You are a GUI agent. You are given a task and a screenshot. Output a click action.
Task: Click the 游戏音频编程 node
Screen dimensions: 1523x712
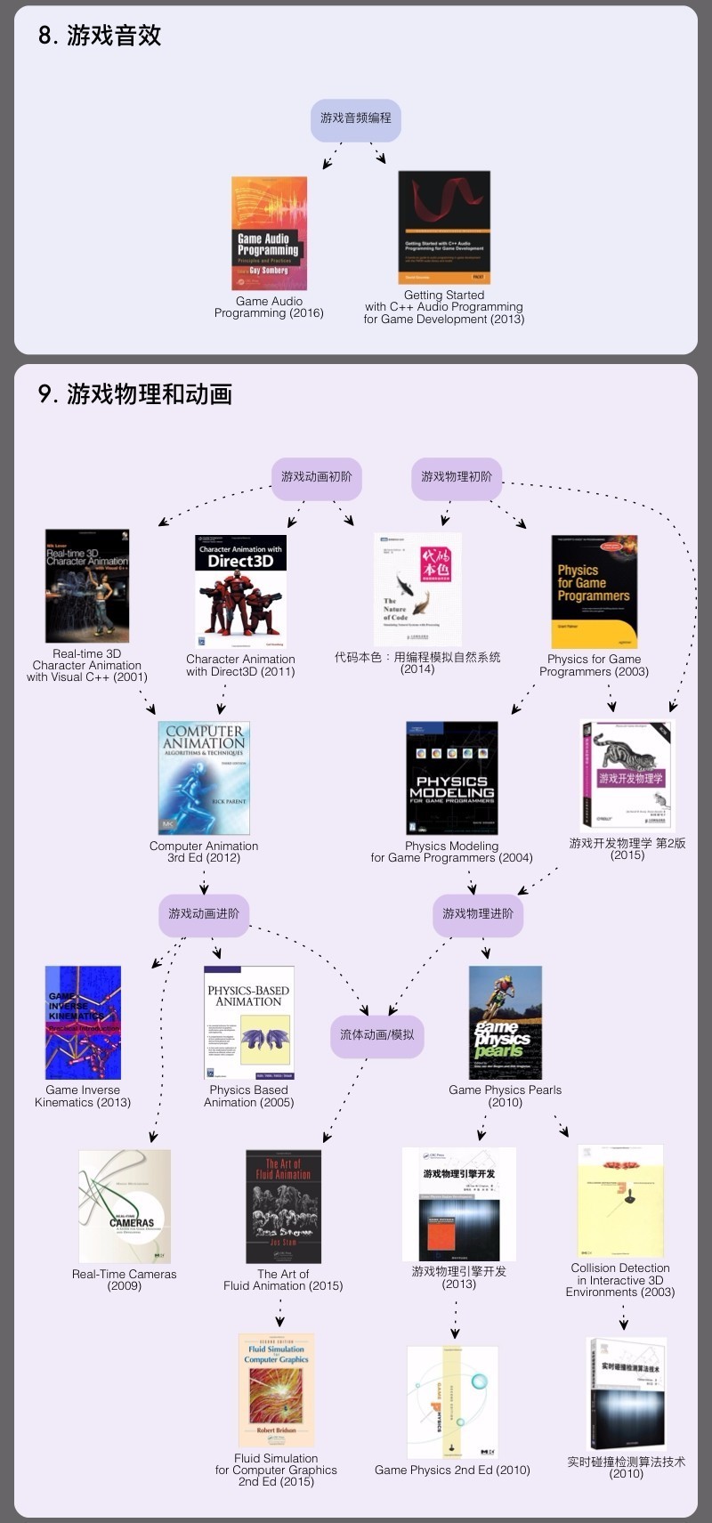point(356,119)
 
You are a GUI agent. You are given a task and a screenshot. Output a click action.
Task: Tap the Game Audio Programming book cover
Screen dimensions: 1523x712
point(269,232)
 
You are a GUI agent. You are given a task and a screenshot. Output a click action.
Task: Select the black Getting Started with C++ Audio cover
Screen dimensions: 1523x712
point(443,228)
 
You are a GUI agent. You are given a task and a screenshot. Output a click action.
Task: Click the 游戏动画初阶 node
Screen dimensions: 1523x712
point(316,478)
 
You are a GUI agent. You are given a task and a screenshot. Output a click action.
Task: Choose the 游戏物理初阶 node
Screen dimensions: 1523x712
point(456,478)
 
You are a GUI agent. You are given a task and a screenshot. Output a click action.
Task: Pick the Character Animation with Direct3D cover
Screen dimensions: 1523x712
point(240,590)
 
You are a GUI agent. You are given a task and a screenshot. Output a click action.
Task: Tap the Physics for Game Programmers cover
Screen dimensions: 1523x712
point(594,591)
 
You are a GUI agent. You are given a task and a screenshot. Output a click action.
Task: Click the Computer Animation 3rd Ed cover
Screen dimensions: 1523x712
point(204,778)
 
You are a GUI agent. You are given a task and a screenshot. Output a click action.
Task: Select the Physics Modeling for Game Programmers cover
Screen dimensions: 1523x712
point(451,778)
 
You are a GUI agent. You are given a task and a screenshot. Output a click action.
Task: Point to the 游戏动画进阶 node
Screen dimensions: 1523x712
point(204,914)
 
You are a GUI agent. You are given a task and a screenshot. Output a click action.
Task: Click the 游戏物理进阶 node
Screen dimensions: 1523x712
point(478,914)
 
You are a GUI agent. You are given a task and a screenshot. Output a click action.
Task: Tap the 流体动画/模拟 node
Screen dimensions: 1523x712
point(376,1035)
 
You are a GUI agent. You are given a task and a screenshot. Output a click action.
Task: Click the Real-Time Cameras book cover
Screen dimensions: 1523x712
point(125,1206)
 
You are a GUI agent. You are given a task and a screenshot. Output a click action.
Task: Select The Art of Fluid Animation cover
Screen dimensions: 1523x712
point(283,1206)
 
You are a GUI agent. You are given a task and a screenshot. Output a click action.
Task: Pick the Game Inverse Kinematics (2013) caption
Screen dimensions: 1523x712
point(83,1097)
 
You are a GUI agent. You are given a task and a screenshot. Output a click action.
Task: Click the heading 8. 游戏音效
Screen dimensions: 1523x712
point(100,36)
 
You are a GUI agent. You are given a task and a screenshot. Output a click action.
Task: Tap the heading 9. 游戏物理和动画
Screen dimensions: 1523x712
point(135,394)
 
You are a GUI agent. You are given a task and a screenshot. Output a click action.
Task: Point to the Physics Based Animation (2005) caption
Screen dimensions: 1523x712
point(248,1097)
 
